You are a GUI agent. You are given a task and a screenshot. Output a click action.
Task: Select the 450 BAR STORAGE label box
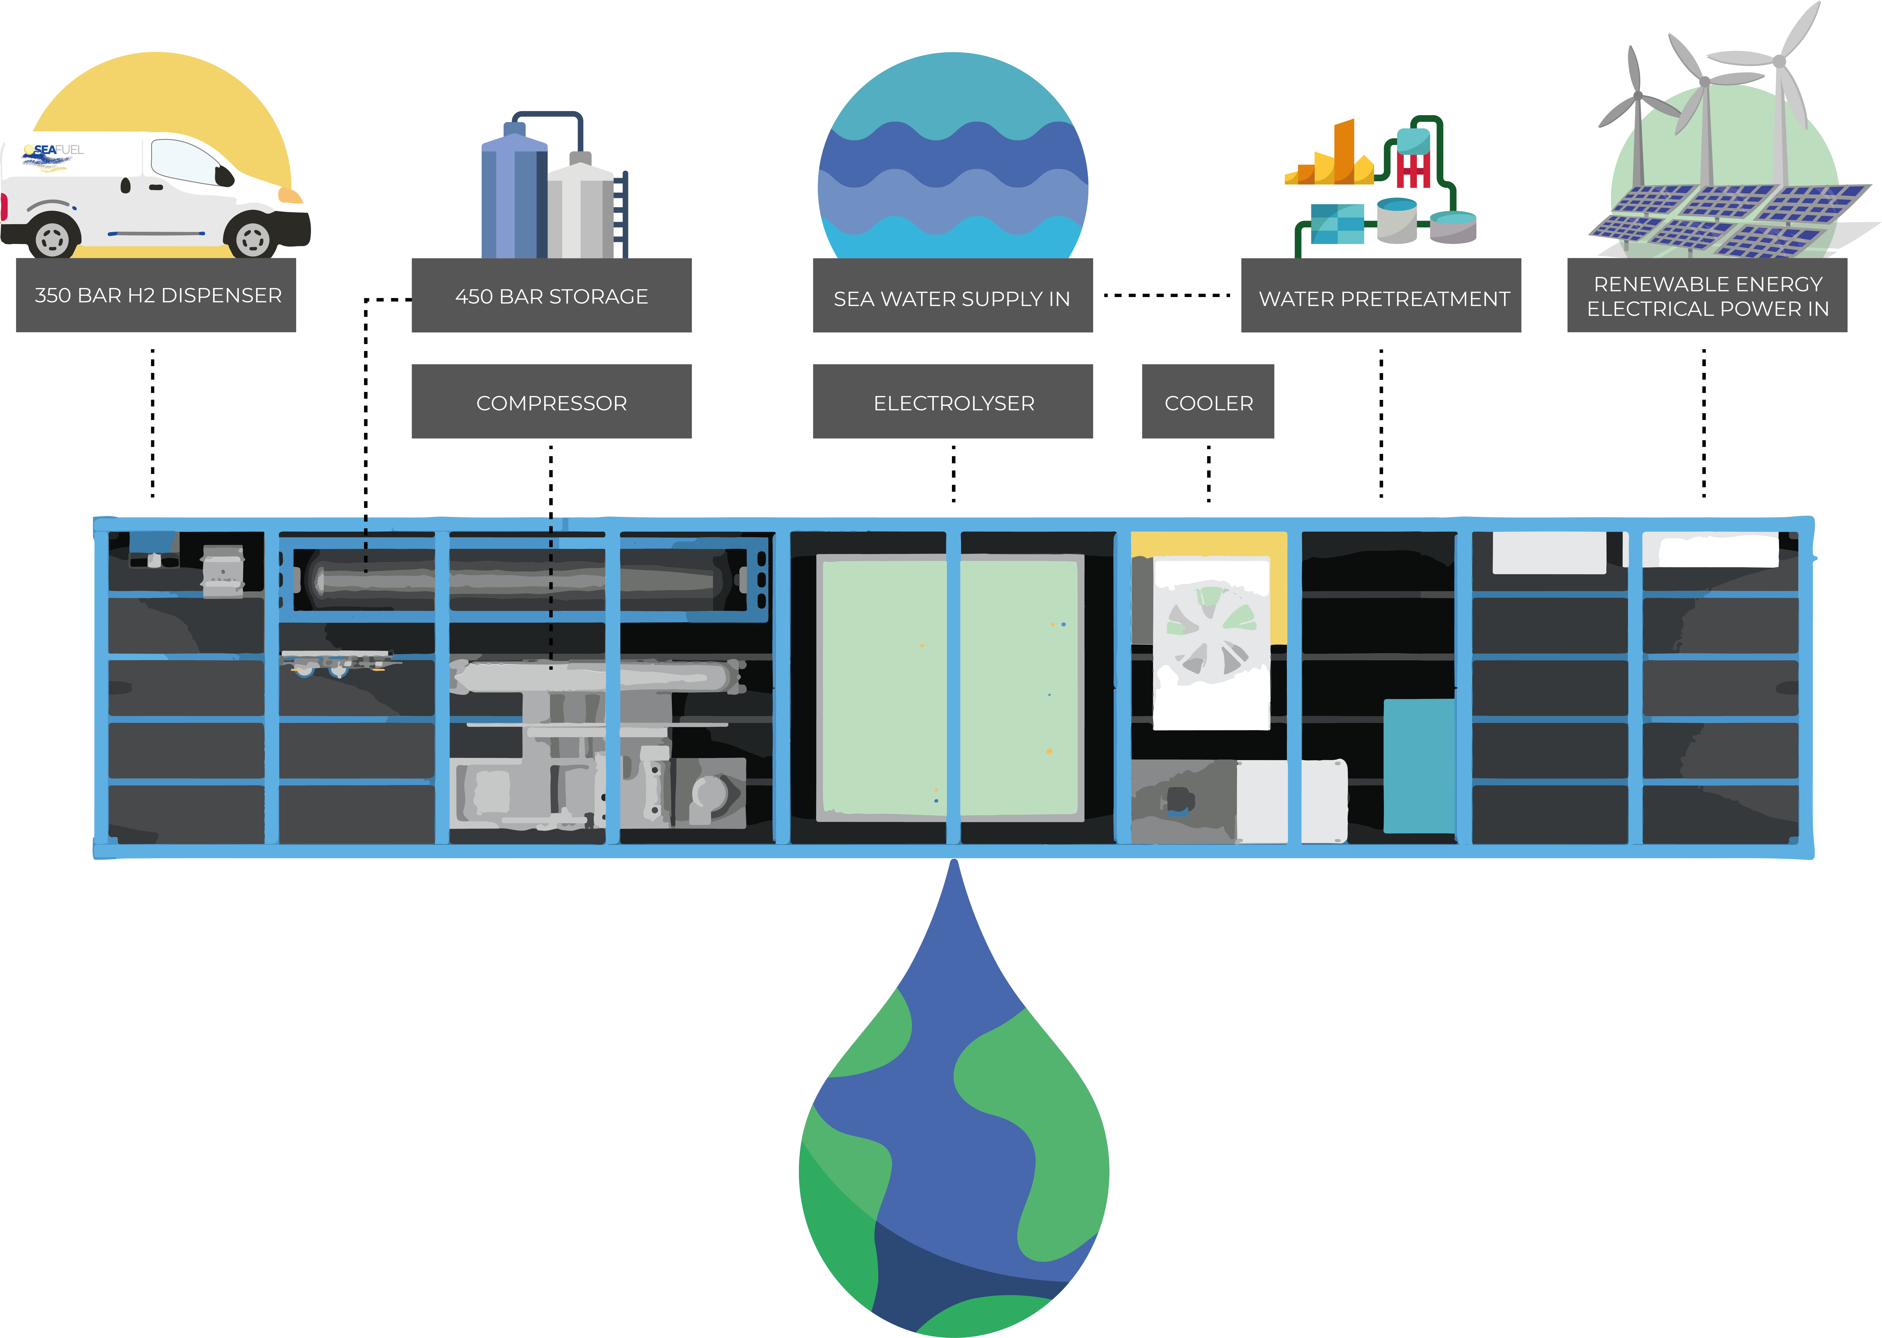coord(551,296)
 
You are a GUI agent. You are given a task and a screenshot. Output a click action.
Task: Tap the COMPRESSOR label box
coord(551,402)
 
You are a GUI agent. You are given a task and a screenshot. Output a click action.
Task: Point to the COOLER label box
coord(1208,402)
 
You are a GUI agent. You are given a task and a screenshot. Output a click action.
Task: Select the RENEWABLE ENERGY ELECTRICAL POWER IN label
coord(1707,296)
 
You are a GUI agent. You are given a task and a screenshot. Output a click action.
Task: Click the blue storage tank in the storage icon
coord(513,198)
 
